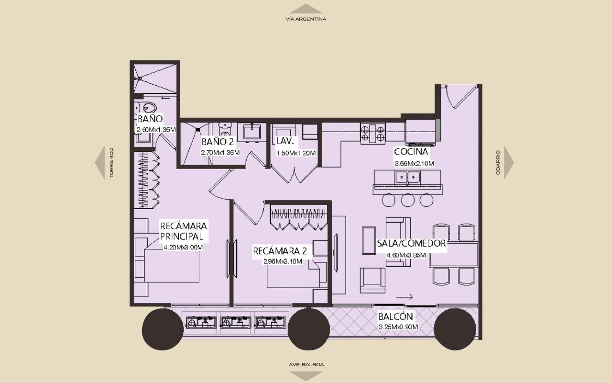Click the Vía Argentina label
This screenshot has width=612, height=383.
click(306, 19)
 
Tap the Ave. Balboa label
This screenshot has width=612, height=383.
click(306, 365)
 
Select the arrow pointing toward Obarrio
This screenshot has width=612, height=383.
click(509, 162)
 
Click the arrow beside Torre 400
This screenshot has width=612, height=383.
click(100, 162)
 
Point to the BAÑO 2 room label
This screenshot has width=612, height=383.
click(218, 142)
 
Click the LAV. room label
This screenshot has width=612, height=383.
click(285, 141)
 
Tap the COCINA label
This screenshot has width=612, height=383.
click(411, 151)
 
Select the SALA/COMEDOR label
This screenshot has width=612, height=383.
click(411, 243)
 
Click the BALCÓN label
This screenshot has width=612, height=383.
click(395, 316)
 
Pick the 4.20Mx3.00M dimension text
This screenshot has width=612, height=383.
click(183, 248)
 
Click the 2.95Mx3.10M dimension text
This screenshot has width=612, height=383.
click(283, 261)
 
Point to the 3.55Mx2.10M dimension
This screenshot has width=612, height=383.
click(414, 164)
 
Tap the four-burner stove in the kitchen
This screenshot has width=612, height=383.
click(373, 133)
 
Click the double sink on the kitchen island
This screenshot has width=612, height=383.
click(407, 177)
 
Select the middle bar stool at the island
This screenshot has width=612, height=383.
click(408, 200)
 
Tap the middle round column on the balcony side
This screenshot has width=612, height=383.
click(308, 329)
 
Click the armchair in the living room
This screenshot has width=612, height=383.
click(372, 281)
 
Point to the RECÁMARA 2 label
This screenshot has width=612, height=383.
click(280, 251)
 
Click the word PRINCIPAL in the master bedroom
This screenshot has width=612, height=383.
click(181, 236)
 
